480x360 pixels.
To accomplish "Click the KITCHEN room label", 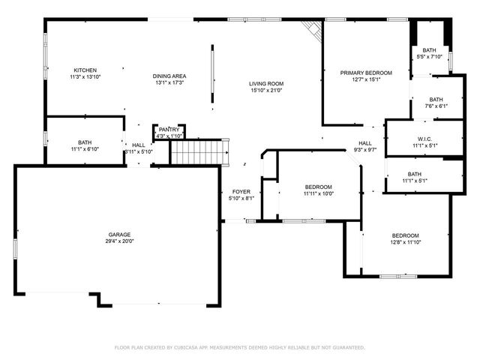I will (x=85, y=70).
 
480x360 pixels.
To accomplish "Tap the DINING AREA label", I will (x=170, y=76).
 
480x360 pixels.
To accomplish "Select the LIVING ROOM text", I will (x=266, y=83).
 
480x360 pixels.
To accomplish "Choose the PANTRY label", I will (x=169, y=130).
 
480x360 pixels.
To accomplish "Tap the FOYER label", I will (x=240, y=191).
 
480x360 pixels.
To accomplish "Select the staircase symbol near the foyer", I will (x=198, y=152).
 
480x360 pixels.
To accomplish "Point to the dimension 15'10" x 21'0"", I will (x=266, y=91).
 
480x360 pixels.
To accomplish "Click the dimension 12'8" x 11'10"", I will (x=405, y=242).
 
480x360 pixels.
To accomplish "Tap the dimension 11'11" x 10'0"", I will (x=319, y=193).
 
